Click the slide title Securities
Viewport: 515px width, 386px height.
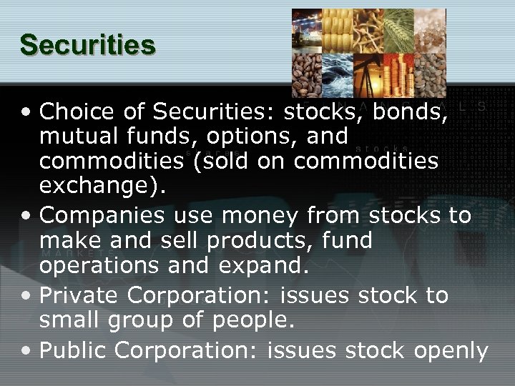pos(87,44)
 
